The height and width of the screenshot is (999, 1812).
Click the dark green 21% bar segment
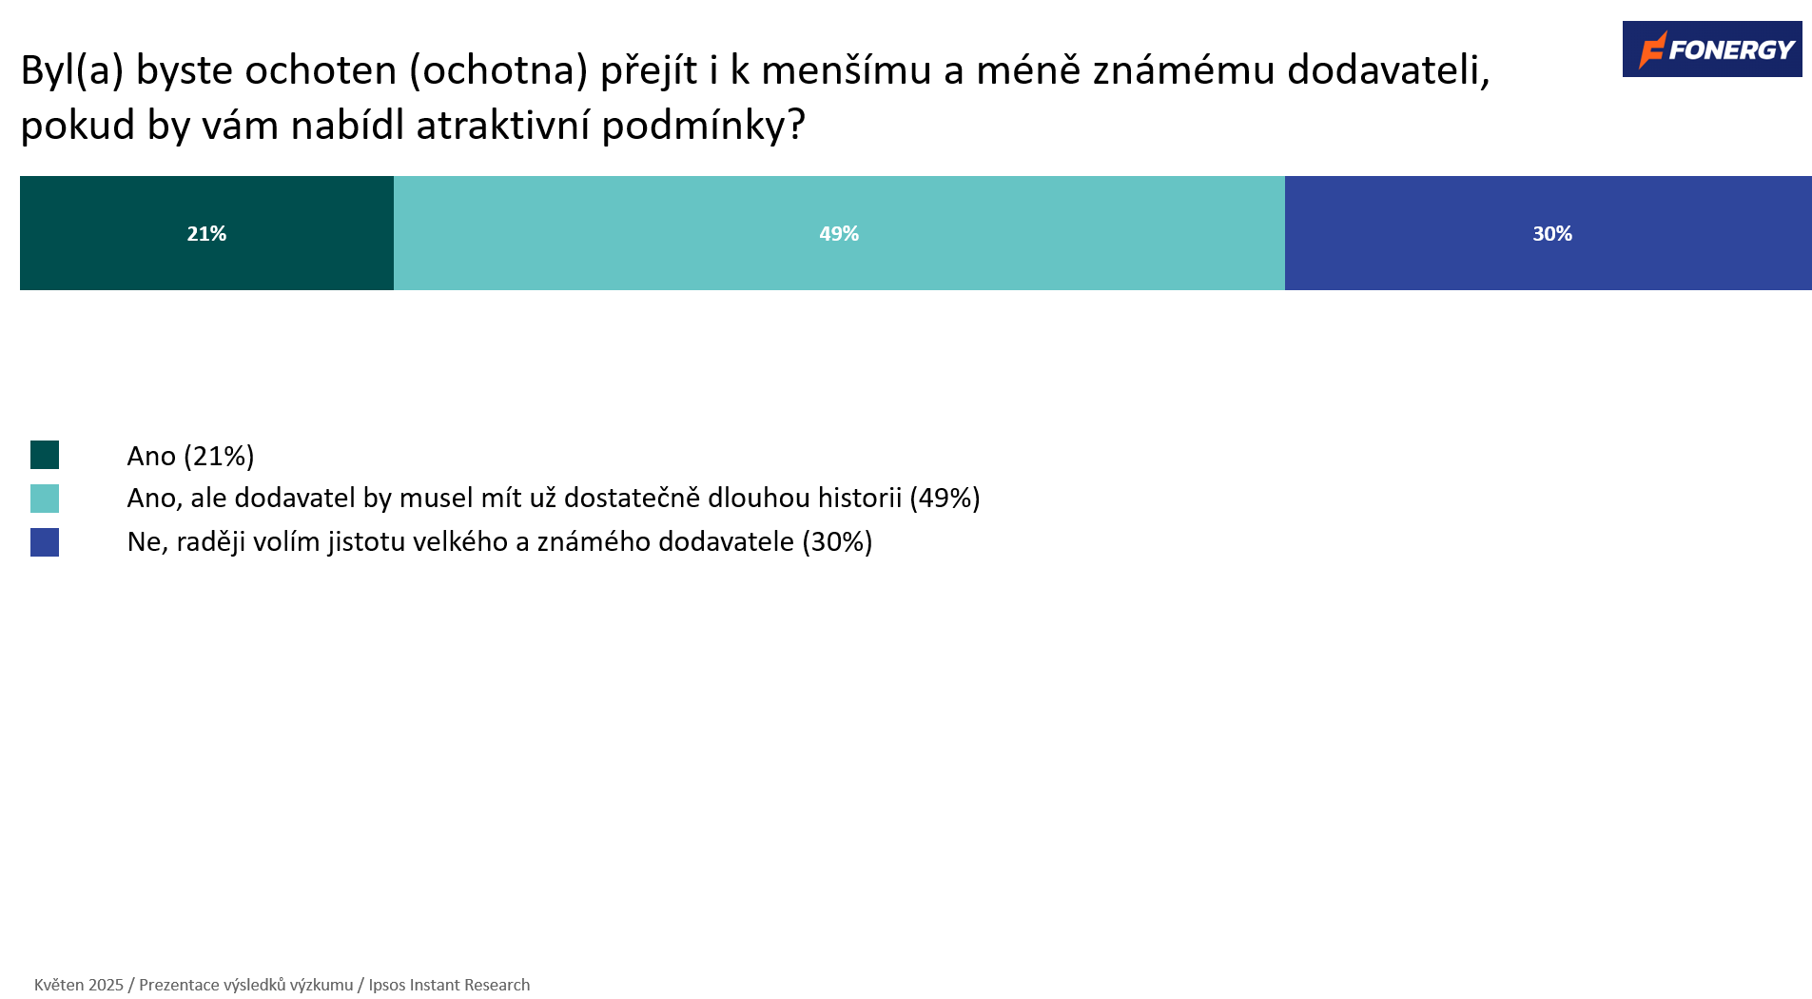point(206,233)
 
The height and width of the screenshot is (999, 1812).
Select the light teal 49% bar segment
point(839,233)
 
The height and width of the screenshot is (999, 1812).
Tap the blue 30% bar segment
point(1549,233)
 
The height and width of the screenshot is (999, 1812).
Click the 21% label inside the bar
point(206,234)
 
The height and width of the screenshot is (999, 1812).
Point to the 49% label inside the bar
point(839,234)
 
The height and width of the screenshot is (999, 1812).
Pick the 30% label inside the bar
point(1552,234)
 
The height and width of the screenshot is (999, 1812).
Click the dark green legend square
point(45,455)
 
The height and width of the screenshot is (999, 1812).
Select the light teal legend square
point(45,499)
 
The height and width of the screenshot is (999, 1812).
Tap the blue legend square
point(45,542)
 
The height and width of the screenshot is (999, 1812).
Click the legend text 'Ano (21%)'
point(190,456)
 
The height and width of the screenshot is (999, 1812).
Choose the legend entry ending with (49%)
point(554,498)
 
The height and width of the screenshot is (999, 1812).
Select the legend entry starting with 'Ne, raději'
point(499,541)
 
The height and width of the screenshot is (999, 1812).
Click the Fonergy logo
point(1712,49)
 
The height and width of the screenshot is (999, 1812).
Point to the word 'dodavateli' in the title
point(1388,70)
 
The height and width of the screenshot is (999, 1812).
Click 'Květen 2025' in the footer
point(79,985)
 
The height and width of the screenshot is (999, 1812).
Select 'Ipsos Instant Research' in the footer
point(449,985)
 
